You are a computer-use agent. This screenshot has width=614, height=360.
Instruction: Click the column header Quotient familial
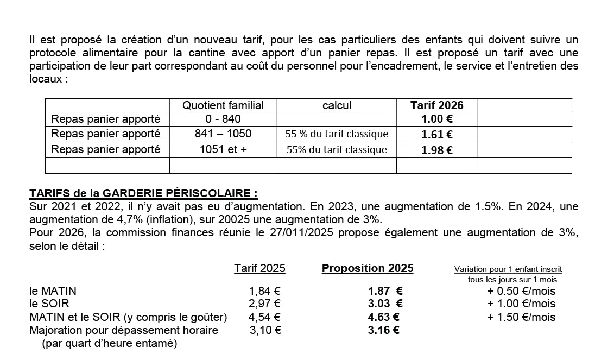pyautogui.click(x=223, y=105)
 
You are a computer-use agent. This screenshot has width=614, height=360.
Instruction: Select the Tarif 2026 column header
pyautogui.click(x=436, y=105)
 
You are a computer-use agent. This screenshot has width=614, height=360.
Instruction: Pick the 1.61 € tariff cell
pyautogui.click(x=436, y=135)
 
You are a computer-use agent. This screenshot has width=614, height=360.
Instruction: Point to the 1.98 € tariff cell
pyautogui.click(x=436, y=150)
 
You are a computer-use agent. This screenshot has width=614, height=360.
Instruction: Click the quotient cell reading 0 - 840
pyautogui.click(x=223, y=119)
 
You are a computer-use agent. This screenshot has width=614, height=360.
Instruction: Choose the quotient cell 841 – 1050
pyautogui.click(x=223, y=134)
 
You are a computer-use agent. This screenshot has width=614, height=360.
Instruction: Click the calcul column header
pyautogui.click(x=337, y=105)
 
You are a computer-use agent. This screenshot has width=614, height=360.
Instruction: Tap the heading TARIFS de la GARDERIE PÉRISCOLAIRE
pyautogui.click(x=143, y=193)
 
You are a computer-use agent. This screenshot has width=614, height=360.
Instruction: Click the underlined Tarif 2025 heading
pyautogui.click(x=259, y=268)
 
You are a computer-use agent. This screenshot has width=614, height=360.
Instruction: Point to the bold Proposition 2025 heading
pyautogui.click(x=368, y=268)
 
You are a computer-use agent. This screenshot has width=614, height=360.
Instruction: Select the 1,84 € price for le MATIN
pyautogui.click(x=264, y=291)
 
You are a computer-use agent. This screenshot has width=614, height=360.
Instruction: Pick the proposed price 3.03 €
pyautogui.click(x=385, y=304)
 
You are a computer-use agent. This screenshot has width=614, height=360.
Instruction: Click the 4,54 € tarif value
pyautogui.click(x=264, y=317)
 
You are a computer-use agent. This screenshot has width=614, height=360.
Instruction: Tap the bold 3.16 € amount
pyautogui.click(x=383, y=330)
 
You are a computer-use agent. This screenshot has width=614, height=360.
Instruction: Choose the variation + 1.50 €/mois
pyautogui.click(x=521, y=317)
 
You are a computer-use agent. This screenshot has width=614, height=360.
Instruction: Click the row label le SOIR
pyautogui.click(x=49, y=304)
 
